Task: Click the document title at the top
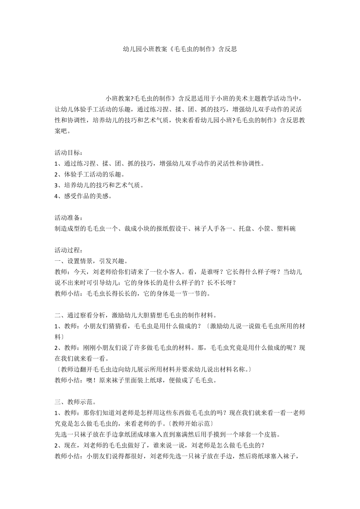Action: [180, 49]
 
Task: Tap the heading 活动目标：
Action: [68, 153]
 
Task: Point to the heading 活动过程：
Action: [68, 250]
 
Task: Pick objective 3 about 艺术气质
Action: [99, 185]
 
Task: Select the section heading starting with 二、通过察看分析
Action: [136, 315]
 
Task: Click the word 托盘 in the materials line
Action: [246, 229]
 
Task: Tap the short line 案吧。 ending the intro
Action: [63, 131]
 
